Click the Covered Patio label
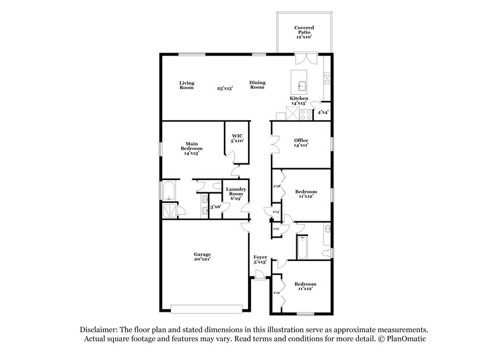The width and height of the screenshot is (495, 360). tap(304, 32)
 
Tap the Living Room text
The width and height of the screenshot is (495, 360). tap(187, 85)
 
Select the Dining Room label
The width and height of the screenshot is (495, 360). tap(257, 85)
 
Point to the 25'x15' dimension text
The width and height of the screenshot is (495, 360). tap(224, 88)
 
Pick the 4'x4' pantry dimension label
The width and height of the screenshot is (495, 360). tap(322, 113)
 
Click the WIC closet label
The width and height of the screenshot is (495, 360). tap(238, 138)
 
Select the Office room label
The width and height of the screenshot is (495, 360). tap(301, 143)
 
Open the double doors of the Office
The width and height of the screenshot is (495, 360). tap(274, 145)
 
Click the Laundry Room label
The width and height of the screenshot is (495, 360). tap(236, 193)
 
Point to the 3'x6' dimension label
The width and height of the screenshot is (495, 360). tap(215, 207)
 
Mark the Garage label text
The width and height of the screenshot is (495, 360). tap(202, 256)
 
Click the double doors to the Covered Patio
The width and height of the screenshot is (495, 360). tap(304, 59)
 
